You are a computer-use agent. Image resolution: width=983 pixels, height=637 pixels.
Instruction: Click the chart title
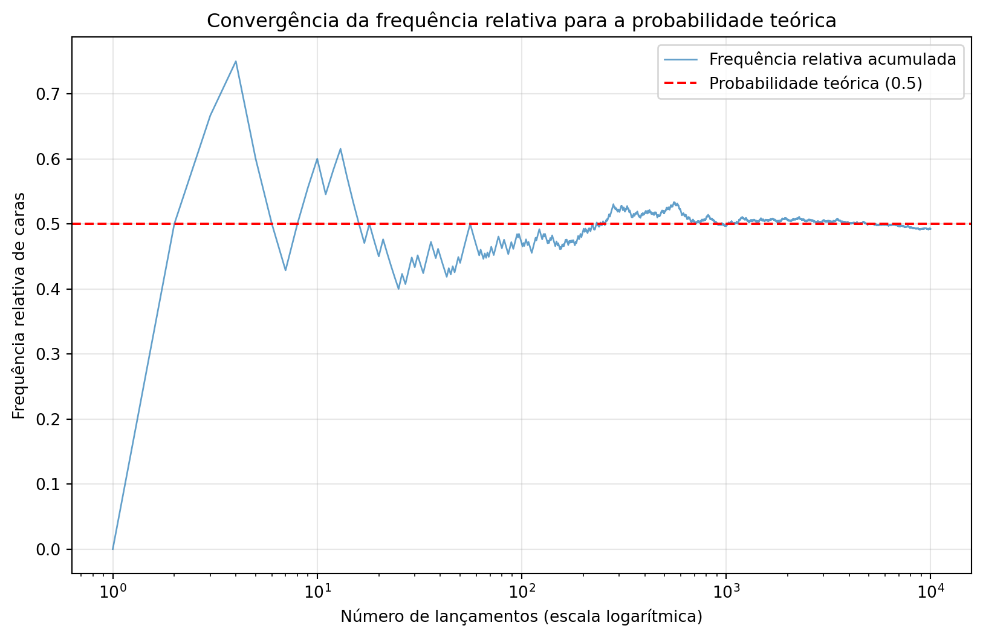(x=521, y=21)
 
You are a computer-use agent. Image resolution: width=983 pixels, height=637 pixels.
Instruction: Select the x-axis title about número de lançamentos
(x=521, y=616)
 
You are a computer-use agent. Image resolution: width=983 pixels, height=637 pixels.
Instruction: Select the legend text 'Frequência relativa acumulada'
(x=832, y=59)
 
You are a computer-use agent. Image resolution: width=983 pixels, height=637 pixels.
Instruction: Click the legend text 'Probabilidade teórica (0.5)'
(x=816, y=83)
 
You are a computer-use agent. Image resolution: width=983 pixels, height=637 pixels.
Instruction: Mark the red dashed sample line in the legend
(x=680, y=83)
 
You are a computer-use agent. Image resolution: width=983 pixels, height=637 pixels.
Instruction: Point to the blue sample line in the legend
(x=680, y=59)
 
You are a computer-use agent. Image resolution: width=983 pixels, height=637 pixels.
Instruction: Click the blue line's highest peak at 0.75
(x=236, y=61)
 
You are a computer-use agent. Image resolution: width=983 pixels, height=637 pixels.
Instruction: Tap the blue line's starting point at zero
(x=113, y=549)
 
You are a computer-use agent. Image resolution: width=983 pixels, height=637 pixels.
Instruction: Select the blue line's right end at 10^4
(x=930, y=229)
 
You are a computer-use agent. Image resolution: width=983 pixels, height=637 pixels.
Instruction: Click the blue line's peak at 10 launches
(x=317, y=159)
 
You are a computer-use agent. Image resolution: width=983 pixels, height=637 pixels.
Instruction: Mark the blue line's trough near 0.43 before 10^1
(x=285, y=270)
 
